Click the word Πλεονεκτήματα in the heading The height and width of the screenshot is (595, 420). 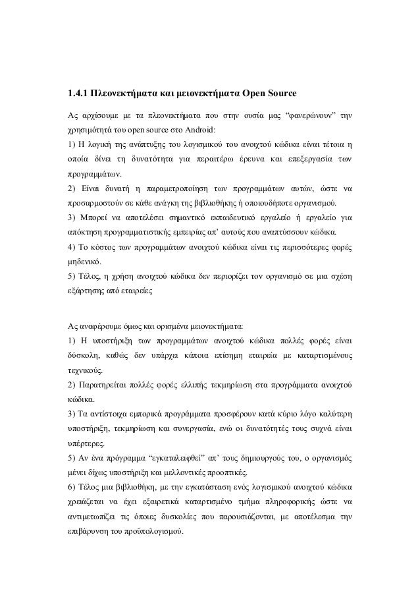pos(126,90)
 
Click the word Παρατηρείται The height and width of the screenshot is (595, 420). pos(107,383)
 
